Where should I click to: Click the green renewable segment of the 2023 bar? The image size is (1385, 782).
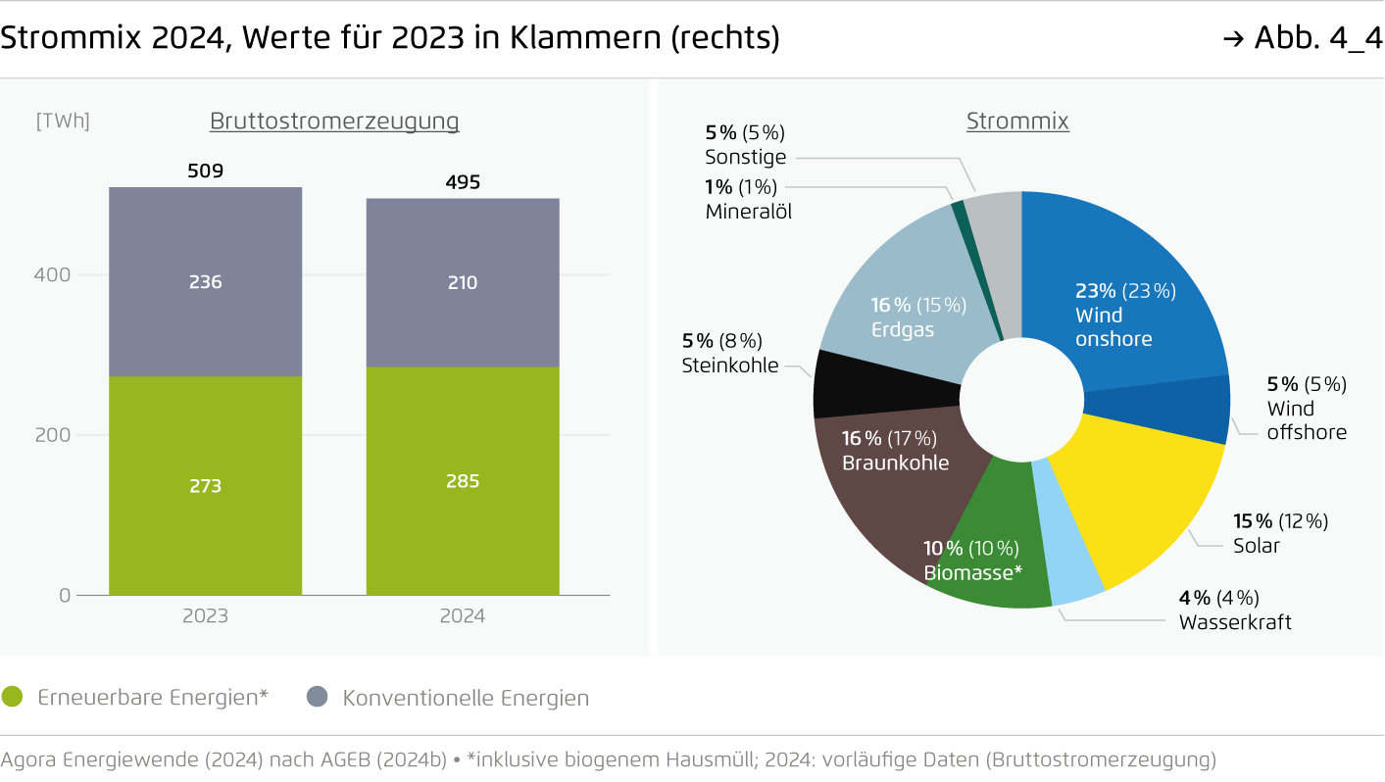[205, 529]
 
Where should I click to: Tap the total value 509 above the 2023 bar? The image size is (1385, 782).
[205, 171]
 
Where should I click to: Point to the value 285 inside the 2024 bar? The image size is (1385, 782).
[463, 481]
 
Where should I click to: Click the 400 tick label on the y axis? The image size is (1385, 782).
[53, 274]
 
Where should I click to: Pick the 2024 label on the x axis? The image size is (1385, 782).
[463, 616]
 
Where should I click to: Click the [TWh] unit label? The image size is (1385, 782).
[63, 121]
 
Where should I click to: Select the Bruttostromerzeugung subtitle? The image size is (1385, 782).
[334, 121]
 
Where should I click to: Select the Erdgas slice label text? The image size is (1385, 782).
[903, 329]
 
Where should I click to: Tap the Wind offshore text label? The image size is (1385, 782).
[1307, 420]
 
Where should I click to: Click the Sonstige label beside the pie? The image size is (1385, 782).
[745, 157]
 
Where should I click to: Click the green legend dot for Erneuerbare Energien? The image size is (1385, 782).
[13, 698]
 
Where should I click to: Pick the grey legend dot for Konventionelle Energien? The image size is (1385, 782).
[317, 698]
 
